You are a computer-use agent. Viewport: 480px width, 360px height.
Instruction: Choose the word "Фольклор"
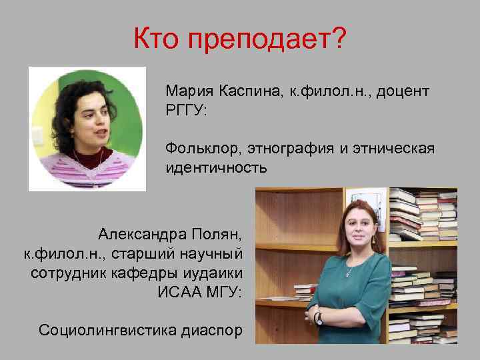pyautogui.click(x=203, y=148)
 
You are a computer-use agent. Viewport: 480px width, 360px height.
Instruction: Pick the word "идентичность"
pyautogui.click(x=217, y=167)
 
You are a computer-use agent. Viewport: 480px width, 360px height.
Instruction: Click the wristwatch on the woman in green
pyautogui.click(x=318, y=318)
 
